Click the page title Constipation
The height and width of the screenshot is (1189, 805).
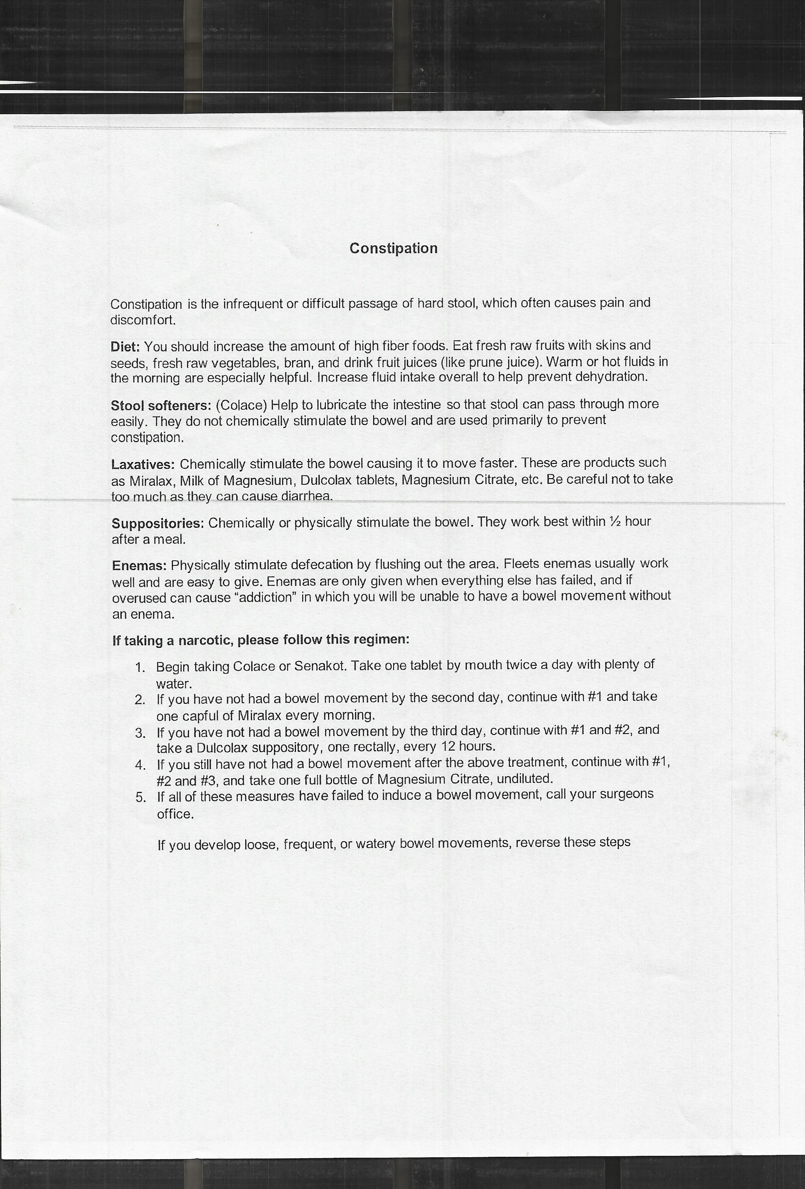point(393,248)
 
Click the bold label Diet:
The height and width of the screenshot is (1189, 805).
point(125,346)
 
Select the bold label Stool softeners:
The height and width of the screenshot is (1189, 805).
point(161,406)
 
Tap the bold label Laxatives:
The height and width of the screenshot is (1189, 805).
point(143,464)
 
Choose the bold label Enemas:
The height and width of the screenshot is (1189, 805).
point(139,566)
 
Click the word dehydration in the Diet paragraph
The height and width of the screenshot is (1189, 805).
point(612,377)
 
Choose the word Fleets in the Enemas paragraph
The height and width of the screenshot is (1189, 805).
point(521,564)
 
